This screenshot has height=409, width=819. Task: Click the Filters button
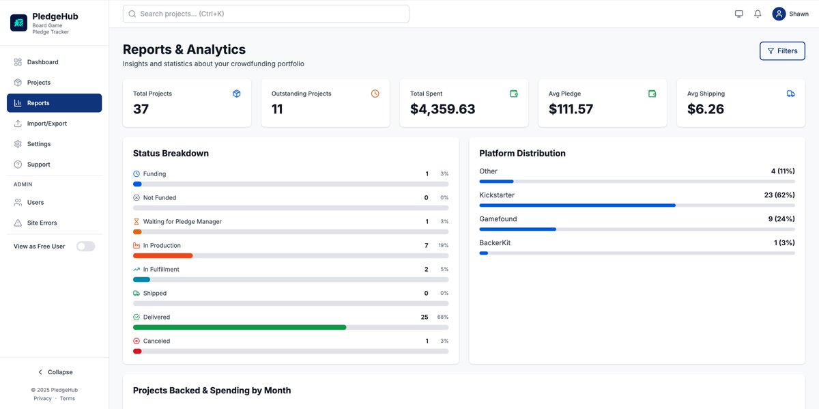click(782, 51)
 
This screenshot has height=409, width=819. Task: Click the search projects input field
click(265, 14)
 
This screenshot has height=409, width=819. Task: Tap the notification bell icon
click(758, 14)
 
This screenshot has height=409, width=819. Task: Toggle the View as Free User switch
click(85, 246)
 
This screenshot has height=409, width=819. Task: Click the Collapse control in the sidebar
click(55, 372)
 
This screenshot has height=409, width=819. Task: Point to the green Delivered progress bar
click(240, 328)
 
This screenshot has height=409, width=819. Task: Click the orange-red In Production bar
click(162, 256)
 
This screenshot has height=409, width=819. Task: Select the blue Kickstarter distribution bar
click(577, 206)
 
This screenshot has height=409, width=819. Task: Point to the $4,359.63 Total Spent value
click(442, 109)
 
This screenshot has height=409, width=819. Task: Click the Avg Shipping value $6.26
click(705, 109)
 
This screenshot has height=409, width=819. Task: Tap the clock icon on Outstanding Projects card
click(375, 94)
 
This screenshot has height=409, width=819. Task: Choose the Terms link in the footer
click(68, 398)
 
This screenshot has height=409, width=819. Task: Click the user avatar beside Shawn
click(779, 14)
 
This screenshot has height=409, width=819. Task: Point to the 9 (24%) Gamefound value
click(781, 218)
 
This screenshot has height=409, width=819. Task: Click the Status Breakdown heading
click(171, 153)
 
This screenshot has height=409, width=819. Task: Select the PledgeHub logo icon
click(18, 23)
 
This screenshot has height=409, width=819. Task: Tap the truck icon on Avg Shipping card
click(790, 94)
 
